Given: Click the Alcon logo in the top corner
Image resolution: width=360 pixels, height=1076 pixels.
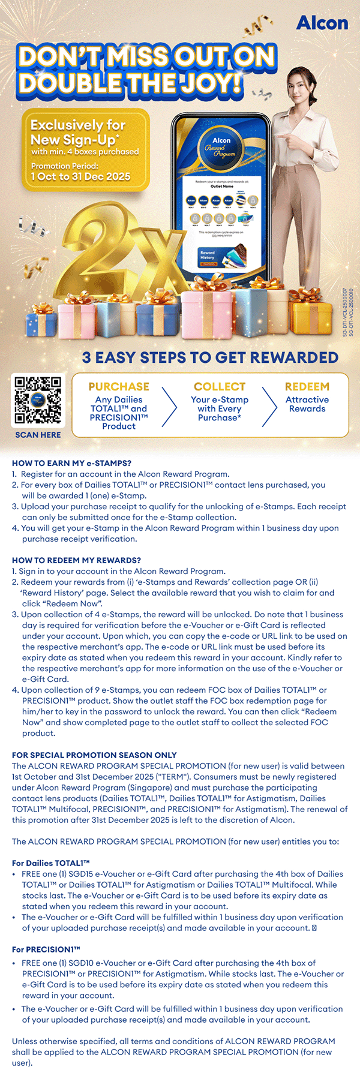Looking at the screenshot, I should [322, 23].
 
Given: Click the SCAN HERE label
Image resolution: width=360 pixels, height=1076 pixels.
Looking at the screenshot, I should [38, 435].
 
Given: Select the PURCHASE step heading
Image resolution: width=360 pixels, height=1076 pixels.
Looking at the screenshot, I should [119, 387].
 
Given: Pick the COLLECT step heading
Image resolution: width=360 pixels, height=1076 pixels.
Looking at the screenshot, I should [220, 387].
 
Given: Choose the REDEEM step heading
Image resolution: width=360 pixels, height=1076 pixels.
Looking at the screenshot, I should [307, 387].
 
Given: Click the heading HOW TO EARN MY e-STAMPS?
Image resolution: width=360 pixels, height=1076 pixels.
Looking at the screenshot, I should [71, 463].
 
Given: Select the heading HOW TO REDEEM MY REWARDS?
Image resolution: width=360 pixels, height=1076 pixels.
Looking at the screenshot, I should [76, 560].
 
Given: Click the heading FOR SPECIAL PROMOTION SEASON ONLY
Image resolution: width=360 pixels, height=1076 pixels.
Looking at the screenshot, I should [94, 755].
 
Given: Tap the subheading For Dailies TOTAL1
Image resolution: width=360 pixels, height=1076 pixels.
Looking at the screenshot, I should [51, 863].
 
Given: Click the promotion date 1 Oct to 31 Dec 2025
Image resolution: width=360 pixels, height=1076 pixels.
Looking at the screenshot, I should [81, 176].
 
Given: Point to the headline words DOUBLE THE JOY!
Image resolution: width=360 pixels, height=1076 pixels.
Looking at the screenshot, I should [130, 82].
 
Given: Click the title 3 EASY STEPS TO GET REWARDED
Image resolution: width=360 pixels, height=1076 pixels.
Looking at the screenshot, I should [210, 357].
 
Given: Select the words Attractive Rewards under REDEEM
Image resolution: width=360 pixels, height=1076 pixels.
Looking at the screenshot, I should [307, 404].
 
